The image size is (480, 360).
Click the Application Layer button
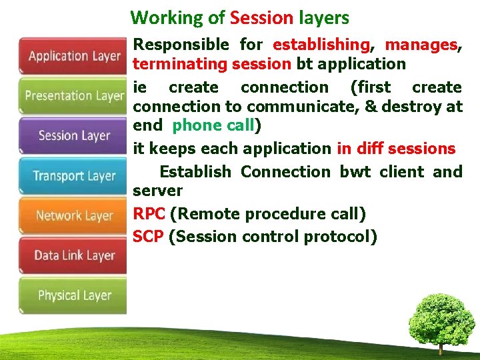coord(73,56)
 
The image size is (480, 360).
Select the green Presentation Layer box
coord(73,96)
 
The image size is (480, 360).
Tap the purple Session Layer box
coord(73,136)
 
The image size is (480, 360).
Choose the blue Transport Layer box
coord(73,176)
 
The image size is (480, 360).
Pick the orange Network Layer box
coord(73,215)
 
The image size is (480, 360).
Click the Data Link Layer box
coord(73,255)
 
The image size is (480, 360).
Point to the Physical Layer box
coord(73,295)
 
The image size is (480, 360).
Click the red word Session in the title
coord(261,18)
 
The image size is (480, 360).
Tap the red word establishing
coord(321,45)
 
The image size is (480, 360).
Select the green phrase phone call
coord(213,125)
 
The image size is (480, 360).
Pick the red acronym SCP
coord(148,236)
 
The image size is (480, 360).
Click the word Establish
coord(195,172)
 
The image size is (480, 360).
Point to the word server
coord(157,191)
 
